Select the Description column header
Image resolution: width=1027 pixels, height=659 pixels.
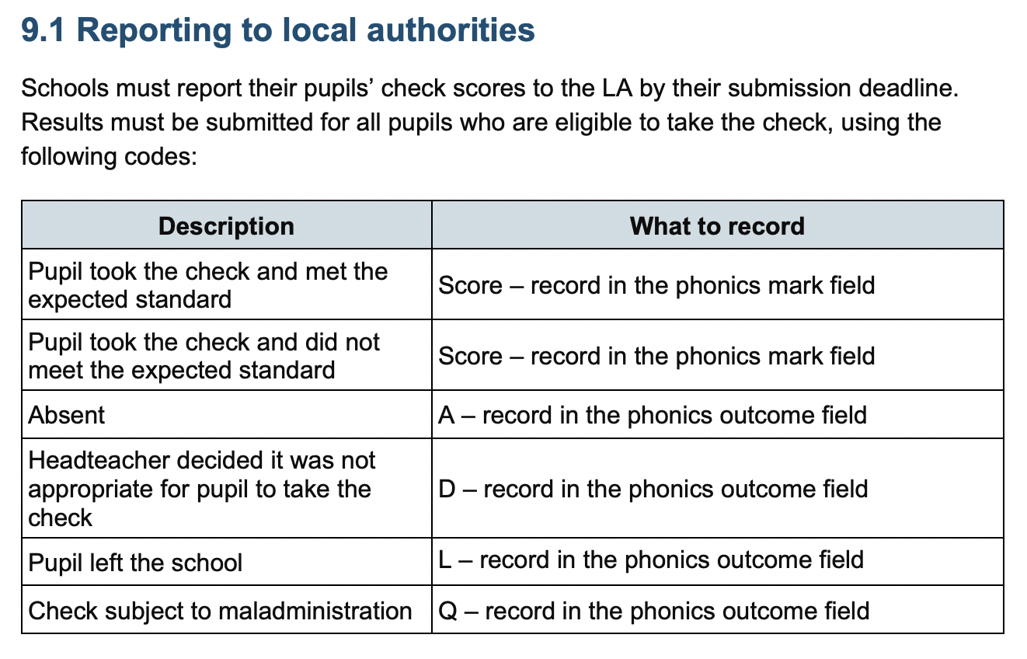[x=226, y=226]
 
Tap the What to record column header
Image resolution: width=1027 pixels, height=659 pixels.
[x=717, y=226]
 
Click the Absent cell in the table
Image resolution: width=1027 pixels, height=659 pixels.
[x=67, y=415]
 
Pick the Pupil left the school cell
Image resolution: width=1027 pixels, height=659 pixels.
[x=135, y=563]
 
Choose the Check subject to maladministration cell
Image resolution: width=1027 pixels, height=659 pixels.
[x=220, y=611]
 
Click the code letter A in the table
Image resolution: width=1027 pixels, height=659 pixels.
[x=447, y=415]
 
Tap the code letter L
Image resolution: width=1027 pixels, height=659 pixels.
[x=445, y=560]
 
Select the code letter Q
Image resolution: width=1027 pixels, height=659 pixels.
[x=448, y=611]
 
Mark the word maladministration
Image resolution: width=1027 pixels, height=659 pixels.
[x=315, y=611]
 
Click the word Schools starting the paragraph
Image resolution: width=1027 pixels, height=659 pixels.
[x=64, y=88]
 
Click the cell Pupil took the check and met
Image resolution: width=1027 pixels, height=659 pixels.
[x=207, y=285]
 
